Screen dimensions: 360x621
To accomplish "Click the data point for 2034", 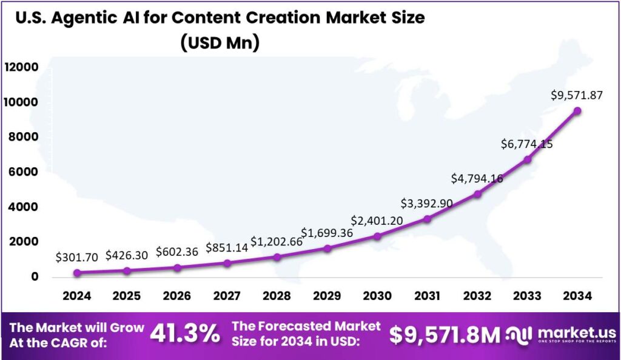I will [577, 111].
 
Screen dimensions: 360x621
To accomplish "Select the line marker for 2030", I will [377, 236].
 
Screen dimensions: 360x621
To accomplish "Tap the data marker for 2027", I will [227, 263].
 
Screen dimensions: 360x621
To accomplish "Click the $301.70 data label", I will [76, 257].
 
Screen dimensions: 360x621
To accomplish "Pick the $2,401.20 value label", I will [377, 221].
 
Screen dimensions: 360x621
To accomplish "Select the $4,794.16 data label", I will [477, 179].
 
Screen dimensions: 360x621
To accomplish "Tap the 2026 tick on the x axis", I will [176, 296].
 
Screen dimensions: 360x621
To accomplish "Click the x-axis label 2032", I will [477, 296].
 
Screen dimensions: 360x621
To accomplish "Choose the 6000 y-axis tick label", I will [25, 172].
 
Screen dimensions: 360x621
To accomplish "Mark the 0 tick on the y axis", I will [35, 277].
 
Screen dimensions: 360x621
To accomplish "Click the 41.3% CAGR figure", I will [185, 333].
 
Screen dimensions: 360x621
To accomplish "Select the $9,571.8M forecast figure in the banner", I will [445, 334].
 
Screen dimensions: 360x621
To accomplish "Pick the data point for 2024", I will [76, 273].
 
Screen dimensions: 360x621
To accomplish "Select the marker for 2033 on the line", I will [527, 159].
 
